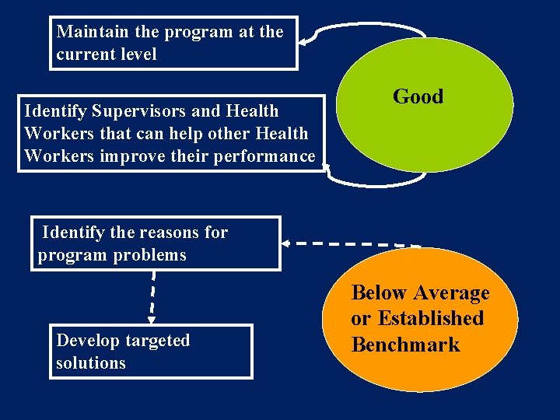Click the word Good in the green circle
tap(418, 96)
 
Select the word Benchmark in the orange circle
tap(405, 345)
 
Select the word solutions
tap(90, 363)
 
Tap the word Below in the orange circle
tap(379, 293)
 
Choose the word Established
tap(432, 319)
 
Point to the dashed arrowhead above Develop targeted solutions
tap(152, 318)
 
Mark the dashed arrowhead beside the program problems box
tap(285, 243)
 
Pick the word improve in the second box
tap(131, 156)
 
